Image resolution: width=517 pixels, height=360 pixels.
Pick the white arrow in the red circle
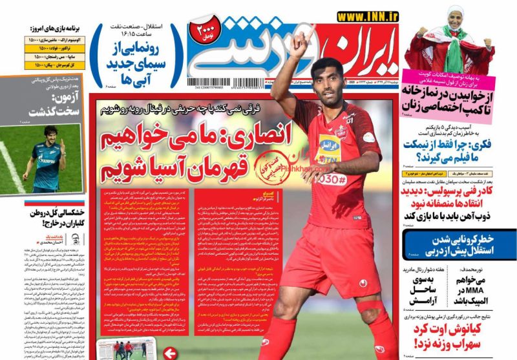coord(169,352)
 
